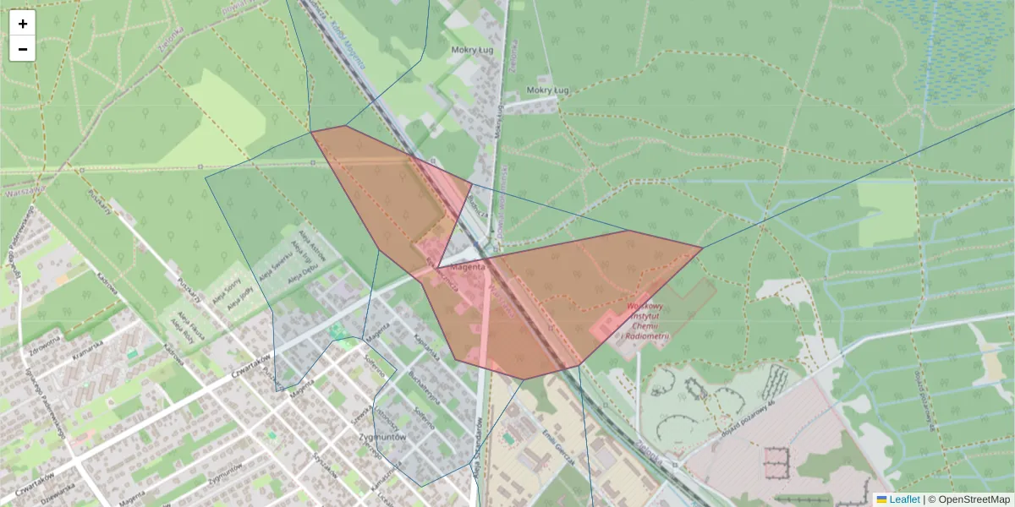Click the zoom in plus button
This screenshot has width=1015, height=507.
coord(23,24)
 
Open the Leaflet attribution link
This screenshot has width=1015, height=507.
coord(904,499)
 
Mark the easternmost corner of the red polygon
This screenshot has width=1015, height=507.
coord(702,248)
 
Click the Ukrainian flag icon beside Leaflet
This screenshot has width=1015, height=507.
coord(881,499)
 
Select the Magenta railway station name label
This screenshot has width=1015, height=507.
coord(469,267)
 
